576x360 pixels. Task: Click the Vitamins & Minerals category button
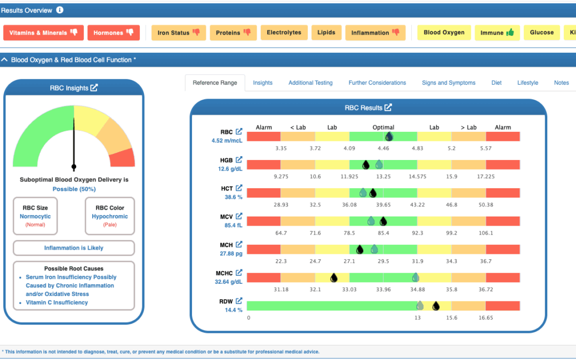43,33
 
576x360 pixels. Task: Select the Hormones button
114,33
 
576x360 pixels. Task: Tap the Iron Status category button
179,33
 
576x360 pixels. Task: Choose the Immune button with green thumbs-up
497,33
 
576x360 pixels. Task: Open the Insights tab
262,83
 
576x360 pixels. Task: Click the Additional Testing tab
310,83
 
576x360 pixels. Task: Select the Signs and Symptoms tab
449,83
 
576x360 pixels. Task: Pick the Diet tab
497,83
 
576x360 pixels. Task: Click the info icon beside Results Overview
60,10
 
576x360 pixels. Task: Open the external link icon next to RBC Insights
94,88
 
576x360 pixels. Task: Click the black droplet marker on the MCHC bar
333,278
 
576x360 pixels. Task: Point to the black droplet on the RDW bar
436,306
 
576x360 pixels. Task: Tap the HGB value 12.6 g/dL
230,169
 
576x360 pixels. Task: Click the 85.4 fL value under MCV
233,225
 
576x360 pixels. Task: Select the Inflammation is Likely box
74,248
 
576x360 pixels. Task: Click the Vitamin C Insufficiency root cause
57,302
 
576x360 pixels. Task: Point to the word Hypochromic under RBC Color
110,217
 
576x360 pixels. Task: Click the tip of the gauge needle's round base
74,167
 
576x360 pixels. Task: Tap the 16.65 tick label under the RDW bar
486,318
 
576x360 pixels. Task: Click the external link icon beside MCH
239,244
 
